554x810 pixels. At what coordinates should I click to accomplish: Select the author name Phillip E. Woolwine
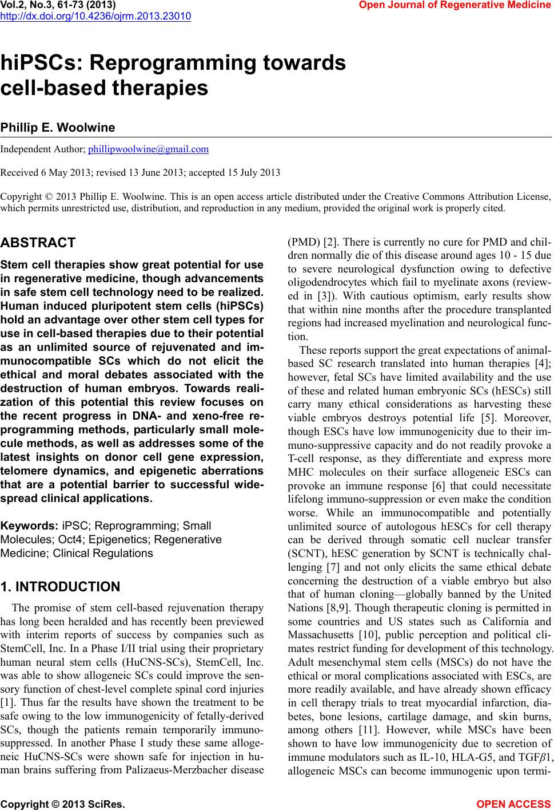[58, 127]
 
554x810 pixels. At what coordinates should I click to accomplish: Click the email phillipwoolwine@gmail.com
[148, 149]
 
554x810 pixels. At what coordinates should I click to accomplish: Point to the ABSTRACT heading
[38, 243]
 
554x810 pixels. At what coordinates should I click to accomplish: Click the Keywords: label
[29, 525]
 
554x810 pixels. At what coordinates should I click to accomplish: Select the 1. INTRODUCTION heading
[61, 587]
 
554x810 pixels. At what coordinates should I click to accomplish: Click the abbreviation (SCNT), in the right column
[306, 553]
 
